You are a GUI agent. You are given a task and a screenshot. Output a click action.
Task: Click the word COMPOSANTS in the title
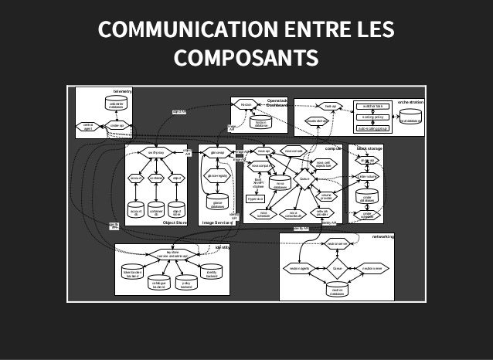tap(246, 58)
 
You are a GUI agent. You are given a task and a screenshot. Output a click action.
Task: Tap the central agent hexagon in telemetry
tap(88, 126)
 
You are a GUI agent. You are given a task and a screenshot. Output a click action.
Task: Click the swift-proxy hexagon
tap(155, 152)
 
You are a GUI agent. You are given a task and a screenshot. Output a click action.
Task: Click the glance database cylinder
tap(218, 203)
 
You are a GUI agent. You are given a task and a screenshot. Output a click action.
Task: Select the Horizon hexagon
tap(245, 104)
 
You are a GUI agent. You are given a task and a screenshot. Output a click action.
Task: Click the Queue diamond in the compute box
tap(305, 180)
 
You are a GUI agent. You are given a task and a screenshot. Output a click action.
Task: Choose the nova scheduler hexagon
tap(264, 214)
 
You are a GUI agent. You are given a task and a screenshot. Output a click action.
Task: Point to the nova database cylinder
tap(280, 184)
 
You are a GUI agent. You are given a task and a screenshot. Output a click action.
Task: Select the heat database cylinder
tap(410, 118)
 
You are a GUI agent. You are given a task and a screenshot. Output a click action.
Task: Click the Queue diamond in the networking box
tap(337, 268)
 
